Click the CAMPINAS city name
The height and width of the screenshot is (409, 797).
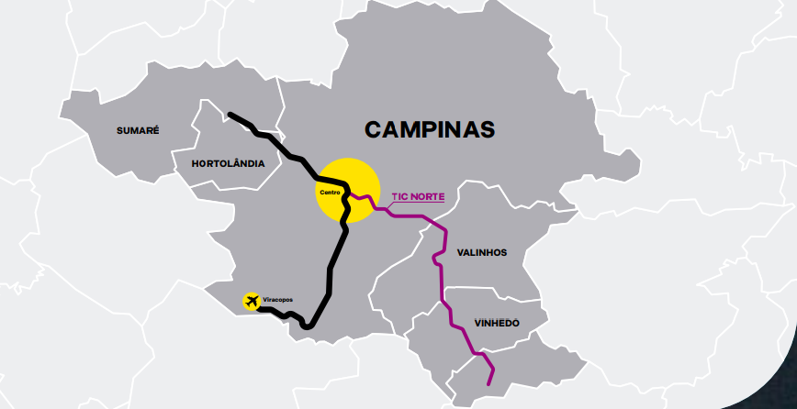(430, 129)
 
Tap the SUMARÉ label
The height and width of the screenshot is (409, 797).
(138, 130)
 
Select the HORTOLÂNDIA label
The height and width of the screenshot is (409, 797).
(228, 163)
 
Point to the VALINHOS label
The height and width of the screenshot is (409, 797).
(482, 252)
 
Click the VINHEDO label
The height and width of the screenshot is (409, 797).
(498, 323)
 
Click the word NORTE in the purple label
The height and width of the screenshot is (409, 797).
(427, 196)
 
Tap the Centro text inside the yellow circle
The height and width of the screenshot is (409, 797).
(330, 192)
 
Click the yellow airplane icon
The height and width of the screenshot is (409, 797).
(251, 301)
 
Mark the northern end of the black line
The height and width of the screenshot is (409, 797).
(230, 115)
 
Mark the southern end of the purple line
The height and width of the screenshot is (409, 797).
(490, 382)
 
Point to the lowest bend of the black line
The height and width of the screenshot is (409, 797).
(309, 326)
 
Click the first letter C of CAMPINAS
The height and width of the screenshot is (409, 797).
(373, 129)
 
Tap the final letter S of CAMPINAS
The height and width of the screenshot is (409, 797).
(488, 129)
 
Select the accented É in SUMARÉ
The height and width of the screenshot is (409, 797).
(156, 130)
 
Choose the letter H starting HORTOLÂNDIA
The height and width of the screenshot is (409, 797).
(196, 163)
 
